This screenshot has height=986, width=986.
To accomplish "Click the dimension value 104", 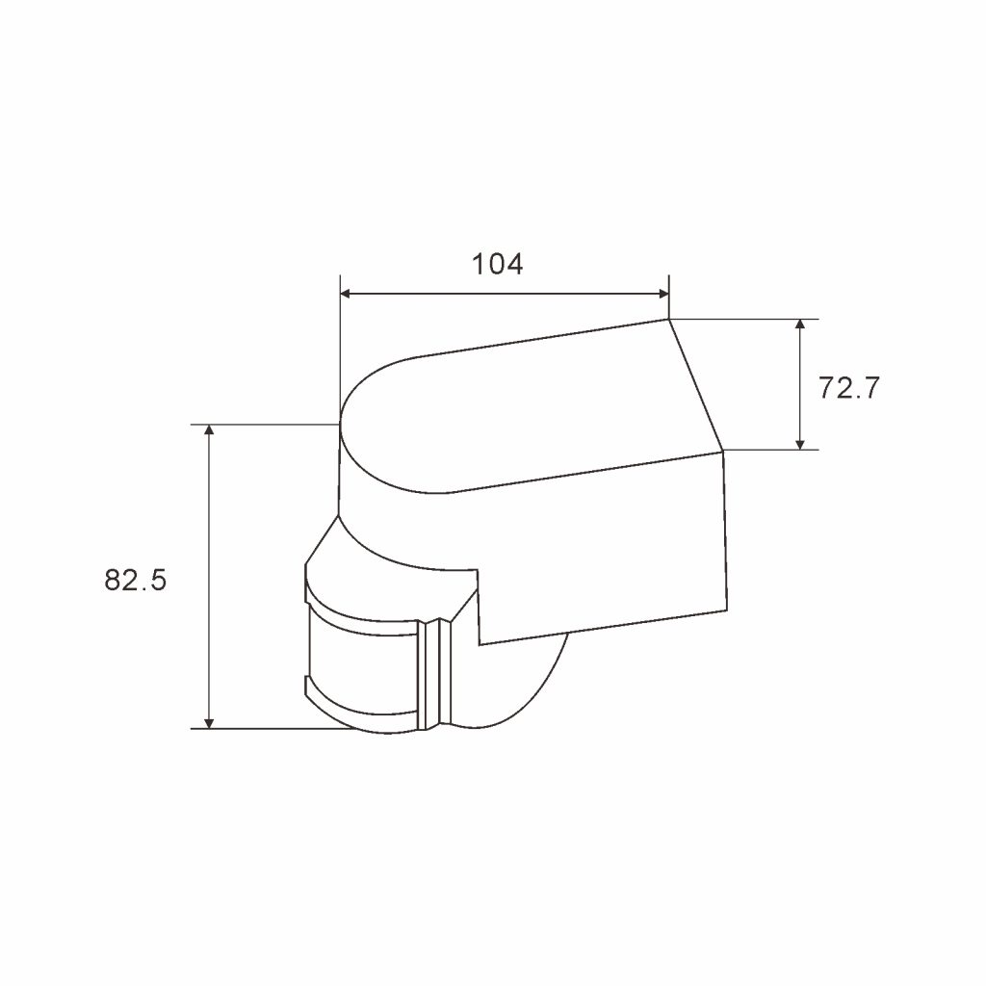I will [497, 263].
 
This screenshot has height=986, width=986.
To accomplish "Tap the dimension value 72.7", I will [848, 388].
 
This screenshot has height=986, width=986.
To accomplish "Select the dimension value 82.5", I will [136, 581].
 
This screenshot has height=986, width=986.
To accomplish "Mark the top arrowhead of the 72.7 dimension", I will [799, 324].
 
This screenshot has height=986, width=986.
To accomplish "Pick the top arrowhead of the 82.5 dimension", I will [209, 430].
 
